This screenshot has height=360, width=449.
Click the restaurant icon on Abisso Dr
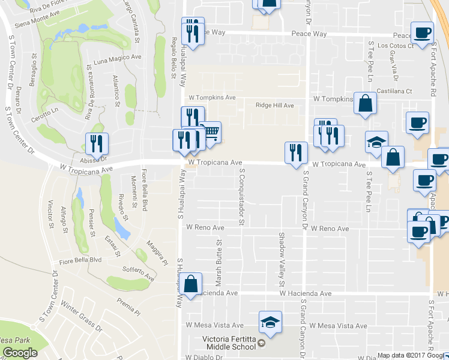[x=96, y=143]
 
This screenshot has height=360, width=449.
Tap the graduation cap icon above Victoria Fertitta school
[x=270, y=322]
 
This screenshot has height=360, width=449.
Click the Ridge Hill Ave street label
[x=274, y=105]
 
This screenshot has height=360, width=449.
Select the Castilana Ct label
[x=393, y=91]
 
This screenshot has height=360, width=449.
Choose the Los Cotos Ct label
[x=395, y=45]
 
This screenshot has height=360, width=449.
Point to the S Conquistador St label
[x=241, y=196]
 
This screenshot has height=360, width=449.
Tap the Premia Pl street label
[x=128, y=305]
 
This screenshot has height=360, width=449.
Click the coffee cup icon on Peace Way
[x=421, y=33]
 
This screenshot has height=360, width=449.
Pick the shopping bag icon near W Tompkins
[x=365, y=103]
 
